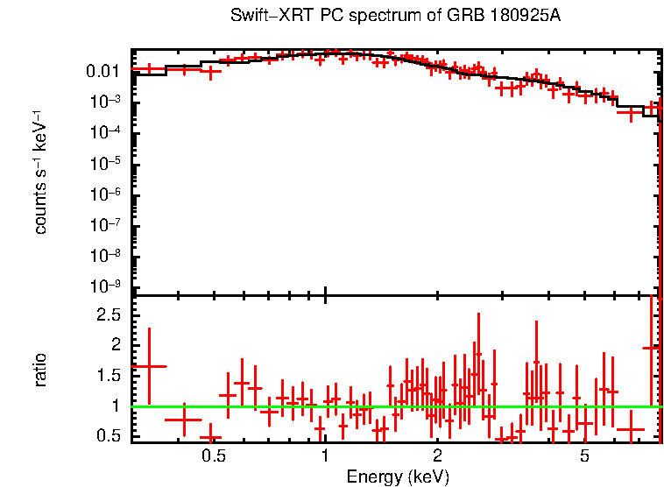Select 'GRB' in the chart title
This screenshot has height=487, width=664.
tap(447, 17)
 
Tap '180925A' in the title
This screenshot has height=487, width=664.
tap(496, 17)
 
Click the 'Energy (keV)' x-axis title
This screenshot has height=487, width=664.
tap(398, 477)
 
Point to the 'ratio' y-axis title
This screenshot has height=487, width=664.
tap(40, 370)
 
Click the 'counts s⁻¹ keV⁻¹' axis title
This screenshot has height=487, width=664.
tap(40, 173)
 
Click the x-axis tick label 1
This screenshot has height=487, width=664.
tap(325, 456)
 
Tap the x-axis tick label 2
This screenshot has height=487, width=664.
tap(437, 456)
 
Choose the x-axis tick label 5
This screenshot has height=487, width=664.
tap(585, 456)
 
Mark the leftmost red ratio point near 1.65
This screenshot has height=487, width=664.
tap(150, 366)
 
